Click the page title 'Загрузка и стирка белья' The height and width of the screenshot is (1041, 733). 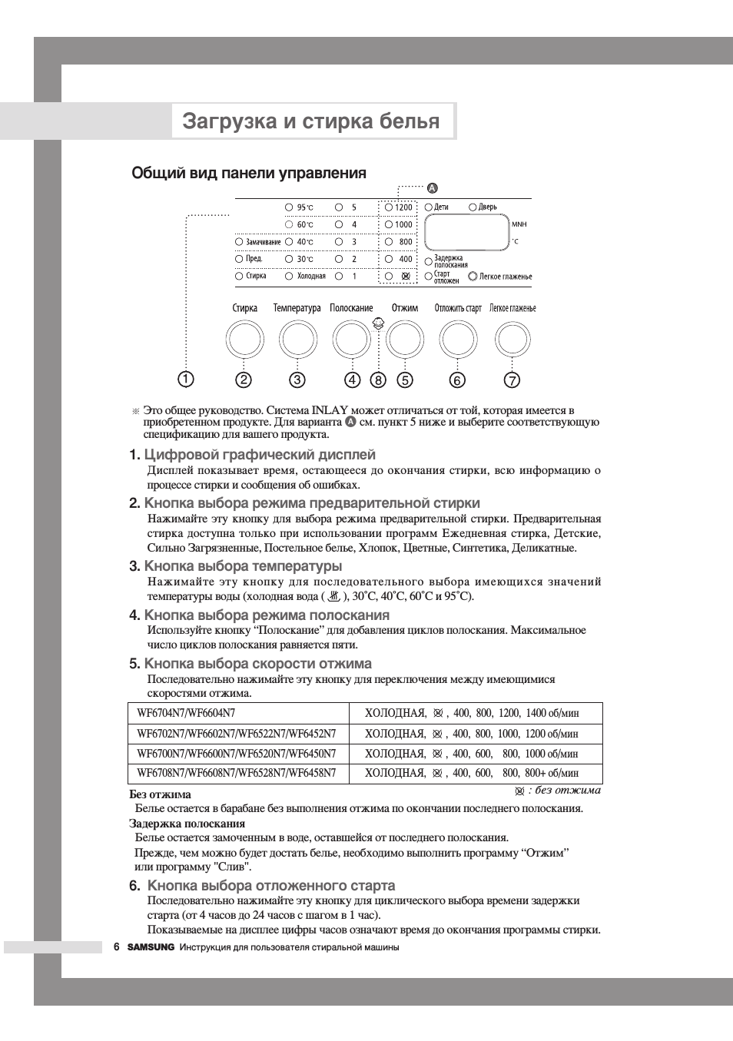coord(311,121)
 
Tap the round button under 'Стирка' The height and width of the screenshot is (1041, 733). coord(244,340)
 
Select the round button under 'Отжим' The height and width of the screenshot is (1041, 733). coord(405,340)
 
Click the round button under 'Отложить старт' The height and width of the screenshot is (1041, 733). coord(458,340)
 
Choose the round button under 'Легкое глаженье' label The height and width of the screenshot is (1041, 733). coord(512,340)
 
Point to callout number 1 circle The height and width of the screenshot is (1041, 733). coord(186,379)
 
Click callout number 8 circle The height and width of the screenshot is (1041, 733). coord(378,380)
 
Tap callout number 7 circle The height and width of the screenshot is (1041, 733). coord(512,380)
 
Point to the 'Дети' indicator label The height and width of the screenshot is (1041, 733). coord(440,207)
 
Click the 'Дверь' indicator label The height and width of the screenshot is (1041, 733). coord(487,207)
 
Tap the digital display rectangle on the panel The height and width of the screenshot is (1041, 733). coord(466,232)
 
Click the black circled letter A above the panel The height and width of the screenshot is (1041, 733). coord(432,188)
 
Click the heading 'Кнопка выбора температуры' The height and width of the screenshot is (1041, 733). coord(243,566)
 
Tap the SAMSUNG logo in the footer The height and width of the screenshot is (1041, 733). coord(151,947)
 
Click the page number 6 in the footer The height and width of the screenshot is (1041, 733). coord(117,947)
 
